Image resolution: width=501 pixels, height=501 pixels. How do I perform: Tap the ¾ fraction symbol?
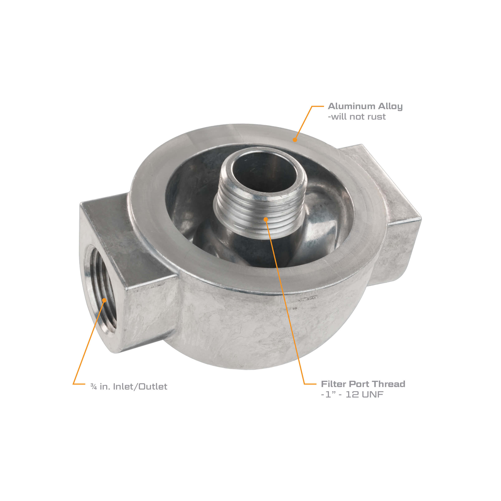[x=94, y=387]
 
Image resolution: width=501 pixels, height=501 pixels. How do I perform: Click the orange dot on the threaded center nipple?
[x=266, y=219]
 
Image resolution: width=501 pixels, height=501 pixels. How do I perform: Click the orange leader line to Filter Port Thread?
[x=285, y=303]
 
